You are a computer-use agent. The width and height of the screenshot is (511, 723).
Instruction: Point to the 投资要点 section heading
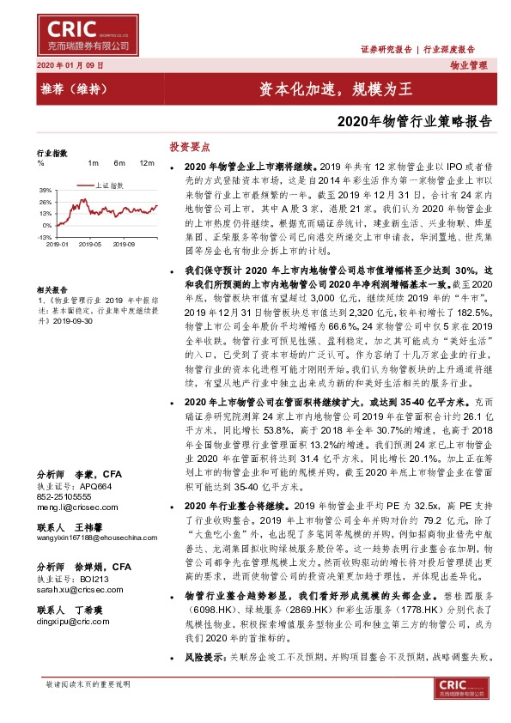click(190, 147)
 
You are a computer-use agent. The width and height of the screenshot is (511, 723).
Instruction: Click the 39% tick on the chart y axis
click(46, 190)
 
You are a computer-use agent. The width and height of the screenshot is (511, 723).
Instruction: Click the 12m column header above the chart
click(146, 163)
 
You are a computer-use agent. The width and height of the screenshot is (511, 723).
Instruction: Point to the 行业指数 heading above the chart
click(52, 152)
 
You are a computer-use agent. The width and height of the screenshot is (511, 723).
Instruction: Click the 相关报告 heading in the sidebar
click(52, 292)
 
